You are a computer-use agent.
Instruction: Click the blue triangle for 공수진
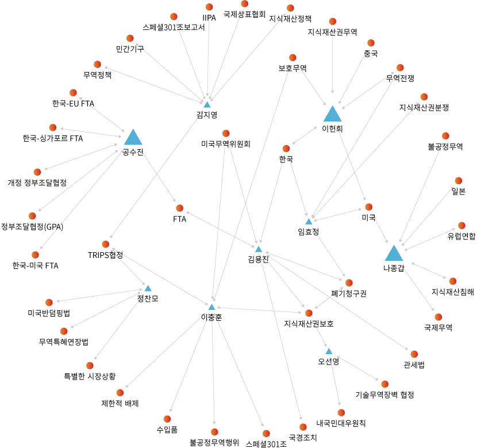click(133, 138)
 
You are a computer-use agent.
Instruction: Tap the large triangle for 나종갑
click(394, 253)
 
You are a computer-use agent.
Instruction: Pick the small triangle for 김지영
click(207, 105)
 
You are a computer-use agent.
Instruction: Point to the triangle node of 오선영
click(329, 351)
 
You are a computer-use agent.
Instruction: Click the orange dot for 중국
click(371, 43)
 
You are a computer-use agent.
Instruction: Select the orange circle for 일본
click(459, 181)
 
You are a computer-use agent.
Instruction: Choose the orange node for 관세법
click(414, 354)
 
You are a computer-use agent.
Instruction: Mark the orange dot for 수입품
click(167, 419)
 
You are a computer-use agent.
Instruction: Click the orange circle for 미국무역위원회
click(226, 134)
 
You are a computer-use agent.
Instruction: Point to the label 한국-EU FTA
click(73, 104)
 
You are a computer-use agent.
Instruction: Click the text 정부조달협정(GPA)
click(32, 226)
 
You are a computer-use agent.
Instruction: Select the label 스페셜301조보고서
click(174, 27)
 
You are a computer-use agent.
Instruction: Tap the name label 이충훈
click(211, 317)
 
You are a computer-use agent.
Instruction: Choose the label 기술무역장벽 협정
click(384, 394)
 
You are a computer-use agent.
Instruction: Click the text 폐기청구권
click(349, 293)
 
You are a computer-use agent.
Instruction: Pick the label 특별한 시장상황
click(90, 376)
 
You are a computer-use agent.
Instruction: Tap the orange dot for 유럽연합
click(461, 225)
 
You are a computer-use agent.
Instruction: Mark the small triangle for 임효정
click(309, 222)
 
